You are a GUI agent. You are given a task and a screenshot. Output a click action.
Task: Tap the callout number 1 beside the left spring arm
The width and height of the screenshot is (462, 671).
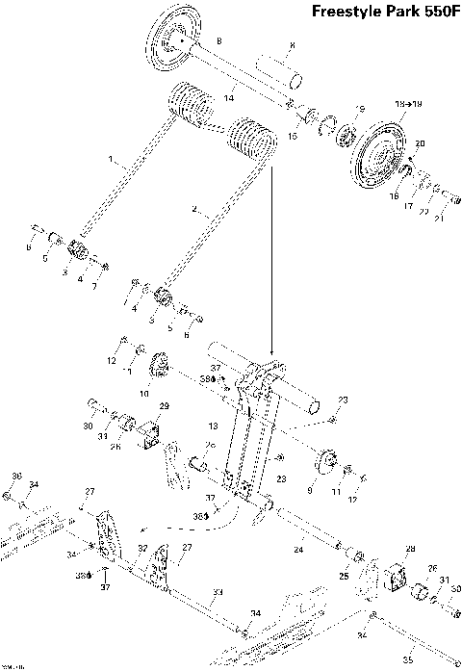click(x=111, y=158)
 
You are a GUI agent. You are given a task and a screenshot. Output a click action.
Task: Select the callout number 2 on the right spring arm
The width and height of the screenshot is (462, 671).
click(x=195, y=209)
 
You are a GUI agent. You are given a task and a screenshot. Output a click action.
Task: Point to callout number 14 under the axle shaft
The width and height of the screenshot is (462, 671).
click(x=229, y=97)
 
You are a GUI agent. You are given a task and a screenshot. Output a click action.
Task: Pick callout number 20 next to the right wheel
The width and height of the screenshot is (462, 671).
click(x=419, y=143)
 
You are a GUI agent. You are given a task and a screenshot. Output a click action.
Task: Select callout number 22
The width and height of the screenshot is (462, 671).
click(x=423, y=212)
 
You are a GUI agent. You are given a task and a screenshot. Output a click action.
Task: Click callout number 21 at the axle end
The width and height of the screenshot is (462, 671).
click(x=441, y=219)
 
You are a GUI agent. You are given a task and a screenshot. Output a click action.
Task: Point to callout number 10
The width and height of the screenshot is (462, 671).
click(x=145, y=393)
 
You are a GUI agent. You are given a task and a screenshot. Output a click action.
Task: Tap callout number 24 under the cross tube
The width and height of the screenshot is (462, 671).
click(x=296, y=550)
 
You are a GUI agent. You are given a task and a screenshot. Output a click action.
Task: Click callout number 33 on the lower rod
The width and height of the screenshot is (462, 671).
click(x=218, y=592)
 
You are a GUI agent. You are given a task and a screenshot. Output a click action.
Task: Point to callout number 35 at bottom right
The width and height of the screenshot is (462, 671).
click(x=408, y=659)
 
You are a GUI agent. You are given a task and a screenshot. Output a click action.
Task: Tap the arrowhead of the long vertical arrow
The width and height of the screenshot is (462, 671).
click(x=272, y=352)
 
